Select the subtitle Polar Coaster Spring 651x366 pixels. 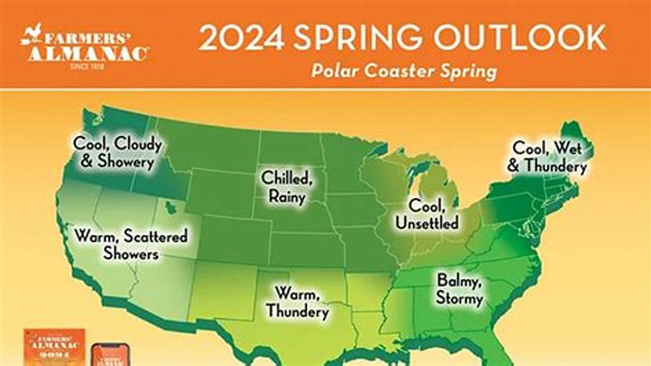click(404, 71)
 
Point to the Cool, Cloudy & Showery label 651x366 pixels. click(117, 152)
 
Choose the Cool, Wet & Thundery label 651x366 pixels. click(547, 157)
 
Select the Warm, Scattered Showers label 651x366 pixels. click(131, 245)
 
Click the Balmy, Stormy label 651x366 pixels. click(459, 289)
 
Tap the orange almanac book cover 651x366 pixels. click(54, 348)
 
